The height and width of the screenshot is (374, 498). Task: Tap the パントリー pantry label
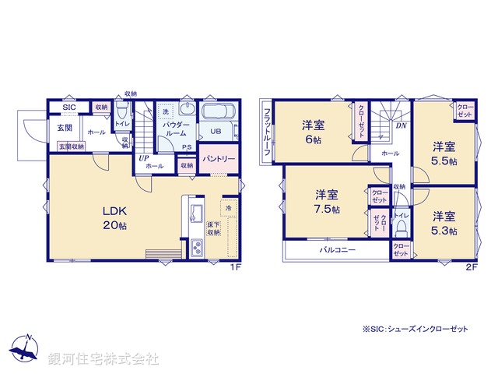pyautogui.click(x=219, y=159)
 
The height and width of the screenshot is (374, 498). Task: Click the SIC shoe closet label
pyautogui.click(x=69, y=107)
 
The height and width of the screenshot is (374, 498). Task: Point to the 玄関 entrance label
pyautogui.click(x=64, y=128)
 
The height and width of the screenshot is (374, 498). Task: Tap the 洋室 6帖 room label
pyautogui.click(x=314, y=132)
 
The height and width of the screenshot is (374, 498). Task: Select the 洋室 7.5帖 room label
pyautogui.click(x=327, y=201)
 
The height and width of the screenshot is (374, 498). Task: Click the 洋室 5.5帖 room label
pyautogui.click(x=444, y=153)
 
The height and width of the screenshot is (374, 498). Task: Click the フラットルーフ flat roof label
pyautogui.click(x=267, y=132)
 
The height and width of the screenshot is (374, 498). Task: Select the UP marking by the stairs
pyautogui.click(x=143, y=158)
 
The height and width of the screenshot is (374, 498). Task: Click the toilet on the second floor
pyautogui.click(x=401, y=227)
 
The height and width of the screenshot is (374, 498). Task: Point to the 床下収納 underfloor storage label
pyautogui.click(x=213, y=228)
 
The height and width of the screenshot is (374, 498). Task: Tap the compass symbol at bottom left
pyautogui.click(x=26, y=350)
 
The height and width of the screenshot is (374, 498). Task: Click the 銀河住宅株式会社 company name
pyautogui.click(x=103, y=359)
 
